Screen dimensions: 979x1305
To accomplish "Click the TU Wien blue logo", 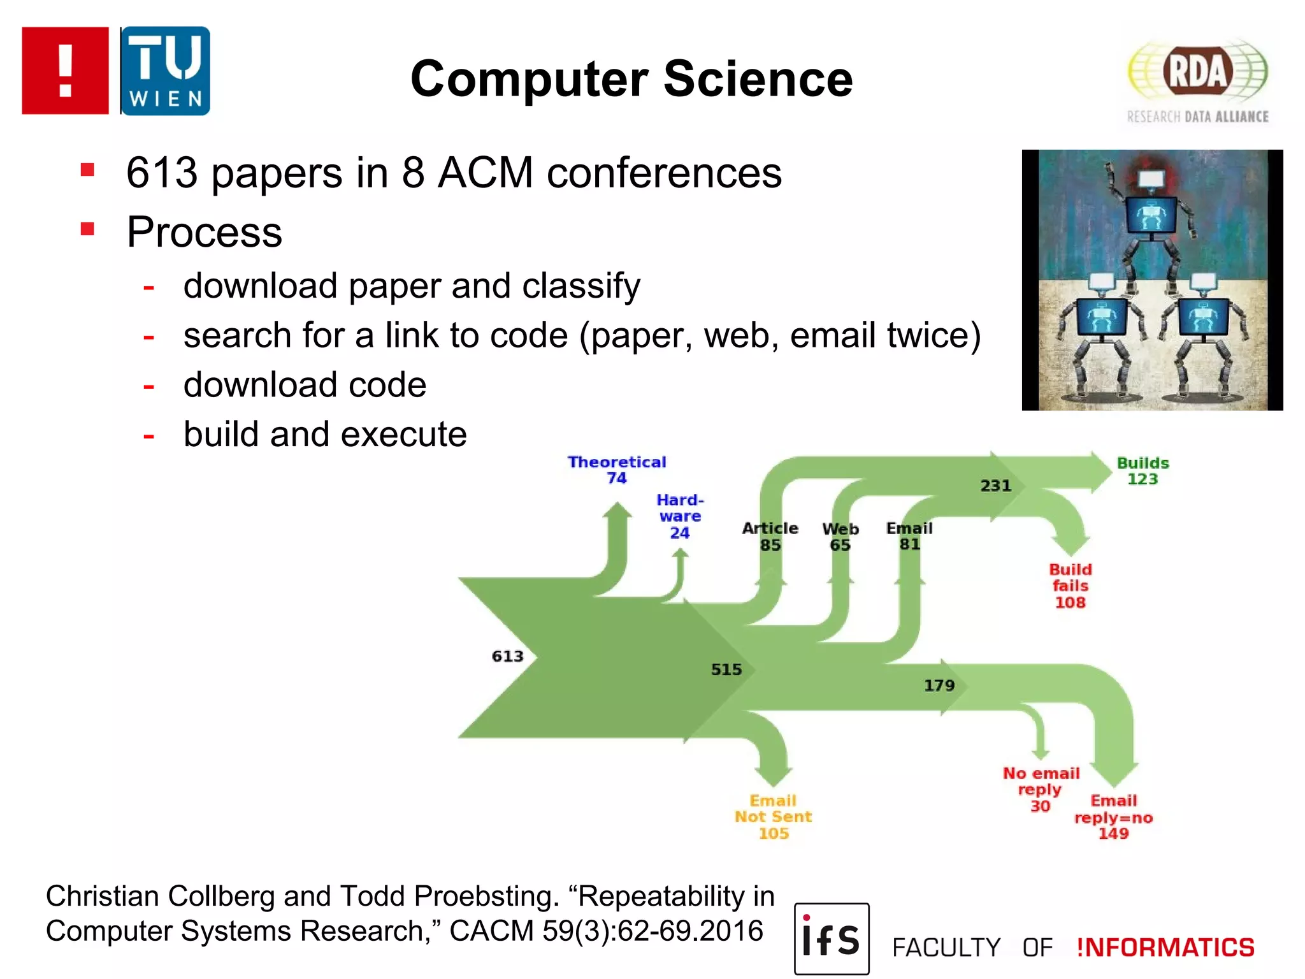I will coord(165,71).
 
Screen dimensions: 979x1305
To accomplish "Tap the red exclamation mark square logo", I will coord(65,71).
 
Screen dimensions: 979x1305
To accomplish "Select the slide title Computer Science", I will coord(631,78).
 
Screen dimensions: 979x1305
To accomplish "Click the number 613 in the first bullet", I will coord(162,173).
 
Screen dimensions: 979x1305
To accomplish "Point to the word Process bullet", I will coord(204,232).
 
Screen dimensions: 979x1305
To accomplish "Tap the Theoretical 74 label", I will coord(617,470).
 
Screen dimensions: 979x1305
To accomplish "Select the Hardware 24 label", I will coord(680,516).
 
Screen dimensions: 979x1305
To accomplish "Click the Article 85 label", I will coord(770,536).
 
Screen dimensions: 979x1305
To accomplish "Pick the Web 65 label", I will coord(840,537).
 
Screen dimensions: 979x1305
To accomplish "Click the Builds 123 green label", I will coord(1143,471).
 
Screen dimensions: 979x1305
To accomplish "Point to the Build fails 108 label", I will coord(1070,586).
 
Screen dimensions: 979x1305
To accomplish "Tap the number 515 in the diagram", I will coord(726,669).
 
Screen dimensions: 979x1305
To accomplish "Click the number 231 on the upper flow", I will coord(995,486).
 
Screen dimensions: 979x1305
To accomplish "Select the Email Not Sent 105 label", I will coord(773,817).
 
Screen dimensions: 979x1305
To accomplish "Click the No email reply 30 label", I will coord(1041,789).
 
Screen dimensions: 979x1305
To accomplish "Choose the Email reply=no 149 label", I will coord(1113,817).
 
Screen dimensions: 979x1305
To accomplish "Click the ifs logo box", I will coord(832,939).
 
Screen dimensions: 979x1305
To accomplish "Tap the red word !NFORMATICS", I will coord(1165,948).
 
